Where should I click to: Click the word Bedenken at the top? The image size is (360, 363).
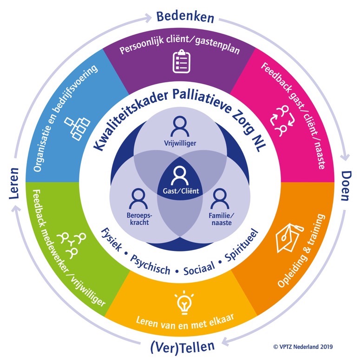185,17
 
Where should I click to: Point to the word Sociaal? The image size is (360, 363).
199,267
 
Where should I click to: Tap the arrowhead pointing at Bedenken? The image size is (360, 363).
150,17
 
